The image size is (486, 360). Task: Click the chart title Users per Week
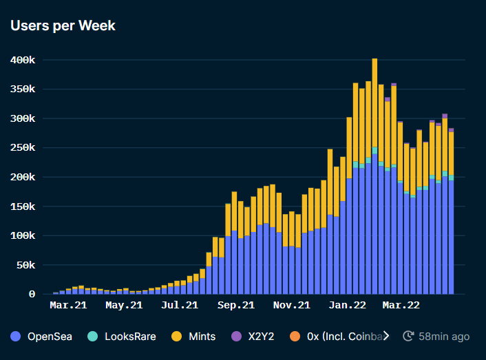coord(63,26)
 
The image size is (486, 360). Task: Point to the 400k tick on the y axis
coord(23,61)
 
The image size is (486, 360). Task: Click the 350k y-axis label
coord(23,89)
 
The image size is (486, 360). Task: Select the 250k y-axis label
coord(23,148)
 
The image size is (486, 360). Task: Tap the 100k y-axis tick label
coord(23,236)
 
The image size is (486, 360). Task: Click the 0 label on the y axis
coord(32,294)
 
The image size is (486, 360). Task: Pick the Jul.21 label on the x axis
coord(181,304)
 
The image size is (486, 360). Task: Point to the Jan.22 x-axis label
coord(347,304)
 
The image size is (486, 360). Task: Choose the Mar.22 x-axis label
coord(401,304)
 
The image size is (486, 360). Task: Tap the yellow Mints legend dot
coord(178,337)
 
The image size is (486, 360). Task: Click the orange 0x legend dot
coord(295,337)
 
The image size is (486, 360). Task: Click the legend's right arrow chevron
coord(385,336)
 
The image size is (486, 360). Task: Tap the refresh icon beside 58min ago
coord(408,337)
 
